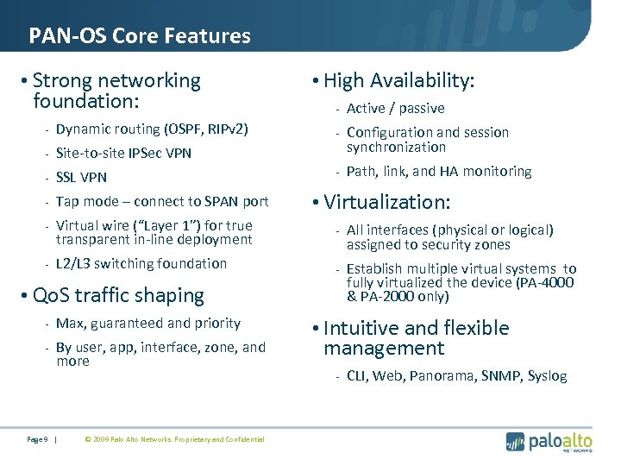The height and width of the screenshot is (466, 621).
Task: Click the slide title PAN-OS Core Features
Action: click(140, 36)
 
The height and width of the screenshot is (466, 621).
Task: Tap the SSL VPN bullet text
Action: click(81, 178)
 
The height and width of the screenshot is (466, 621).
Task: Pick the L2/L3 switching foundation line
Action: click(141, 264)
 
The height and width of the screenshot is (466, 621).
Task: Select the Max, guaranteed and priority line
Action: click(148, 324)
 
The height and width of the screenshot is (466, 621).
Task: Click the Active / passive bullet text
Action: click(395, 109)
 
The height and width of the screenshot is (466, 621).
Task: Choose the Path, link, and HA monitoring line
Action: click(439, 172)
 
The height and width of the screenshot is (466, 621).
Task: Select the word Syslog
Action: click(547, 376)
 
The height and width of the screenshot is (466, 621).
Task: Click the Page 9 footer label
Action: click(37, 440)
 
